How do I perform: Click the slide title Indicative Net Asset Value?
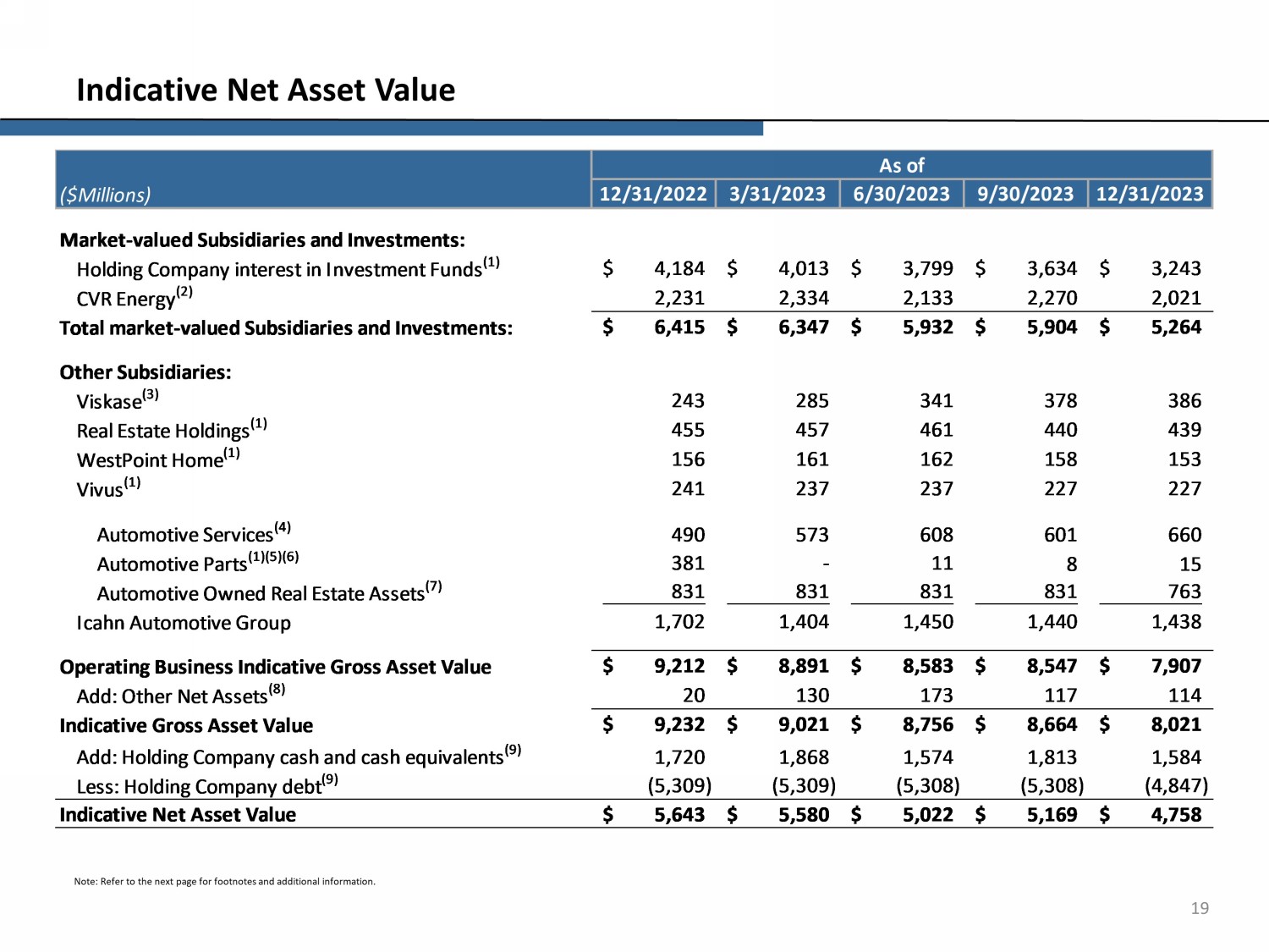[266, 90]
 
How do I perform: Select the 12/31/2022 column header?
[652, 194]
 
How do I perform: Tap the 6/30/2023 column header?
[901, 194]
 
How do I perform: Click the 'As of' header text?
[902, 165]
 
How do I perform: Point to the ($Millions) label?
[105, 195]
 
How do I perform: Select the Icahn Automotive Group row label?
[184, 623]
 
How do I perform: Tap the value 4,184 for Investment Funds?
[679, 268]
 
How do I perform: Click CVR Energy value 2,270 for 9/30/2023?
[1052, 298]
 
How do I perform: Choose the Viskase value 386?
[1184, 400]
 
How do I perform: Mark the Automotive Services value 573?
[811, 535]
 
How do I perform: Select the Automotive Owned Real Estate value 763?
[1184, 592]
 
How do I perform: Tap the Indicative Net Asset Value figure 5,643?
[679, 815]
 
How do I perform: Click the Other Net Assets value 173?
[936, 696]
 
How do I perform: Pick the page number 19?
[1200, 908]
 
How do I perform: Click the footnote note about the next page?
[224, 882]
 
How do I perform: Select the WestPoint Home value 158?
[1060, 459]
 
